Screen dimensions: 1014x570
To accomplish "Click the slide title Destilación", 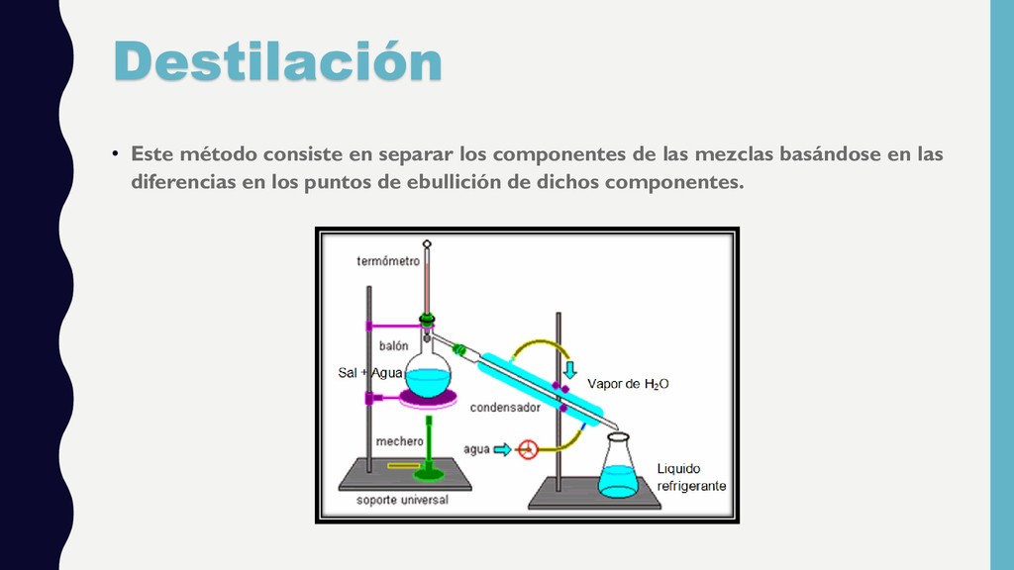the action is click(x=277, y=61).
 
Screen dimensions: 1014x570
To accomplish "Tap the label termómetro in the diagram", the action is click(x=388, y=261).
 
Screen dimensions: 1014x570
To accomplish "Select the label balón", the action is click(x=393, y=345).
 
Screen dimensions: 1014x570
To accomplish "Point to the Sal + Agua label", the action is click(x=370, y=373).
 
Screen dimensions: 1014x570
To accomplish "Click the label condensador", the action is click(x=504, y=407).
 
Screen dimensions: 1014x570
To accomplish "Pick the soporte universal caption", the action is click(x=402, y=500).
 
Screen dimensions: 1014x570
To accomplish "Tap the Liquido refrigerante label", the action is click(x=691, y=476).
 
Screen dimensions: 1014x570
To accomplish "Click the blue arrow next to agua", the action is click(x=504, y=449).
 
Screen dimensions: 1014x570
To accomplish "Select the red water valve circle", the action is click(x=528, y=449).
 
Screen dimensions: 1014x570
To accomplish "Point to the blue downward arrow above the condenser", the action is click(x=569, y=370).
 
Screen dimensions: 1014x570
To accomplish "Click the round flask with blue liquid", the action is click(x=428, y=376).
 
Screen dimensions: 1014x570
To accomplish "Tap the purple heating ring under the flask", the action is click(x=428, y=398).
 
